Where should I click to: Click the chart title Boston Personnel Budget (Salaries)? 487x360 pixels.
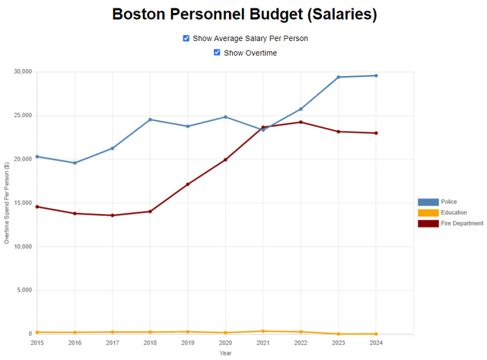pos(243,14)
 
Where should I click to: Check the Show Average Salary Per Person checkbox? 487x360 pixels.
pos(186,38)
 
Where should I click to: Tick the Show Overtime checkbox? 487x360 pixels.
pos(218,53)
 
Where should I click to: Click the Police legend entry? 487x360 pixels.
pos(429,202)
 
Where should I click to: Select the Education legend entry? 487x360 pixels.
pos(429,212)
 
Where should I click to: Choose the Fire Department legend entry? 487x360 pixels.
pos(429,223)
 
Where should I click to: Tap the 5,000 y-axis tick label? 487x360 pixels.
pos(23,291)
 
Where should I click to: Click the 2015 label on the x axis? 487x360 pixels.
pos(37,343)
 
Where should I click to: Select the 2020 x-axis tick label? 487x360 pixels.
pos(225,343)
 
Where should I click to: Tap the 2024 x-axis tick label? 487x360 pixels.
pos(376,343)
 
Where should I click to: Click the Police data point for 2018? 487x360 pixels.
pos(150,119)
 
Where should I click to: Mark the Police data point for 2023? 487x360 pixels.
pos(338,77)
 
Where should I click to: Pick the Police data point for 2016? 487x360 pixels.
pos(75,163)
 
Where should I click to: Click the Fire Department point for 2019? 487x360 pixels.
pos(187,184)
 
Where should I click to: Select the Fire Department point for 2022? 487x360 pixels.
pos(301,122)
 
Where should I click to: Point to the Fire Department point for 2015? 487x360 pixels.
pos(37,207)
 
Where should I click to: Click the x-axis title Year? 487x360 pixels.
pos(225,353)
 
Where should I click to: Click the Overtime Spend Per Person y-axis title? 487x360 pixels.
pos(6,203)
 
